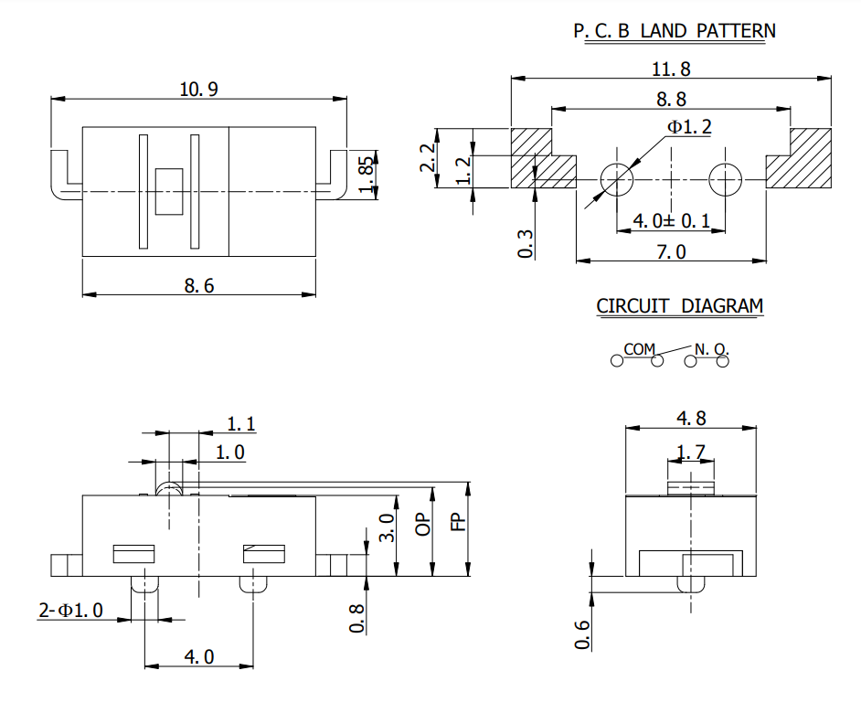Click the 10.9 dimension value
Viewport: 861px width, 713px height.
[x=199, y=89]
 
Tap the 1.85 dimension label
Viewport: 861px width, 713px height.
[x=367, y=173]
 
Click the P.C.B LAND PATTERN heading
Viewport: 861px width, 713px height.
[x=674, y=30]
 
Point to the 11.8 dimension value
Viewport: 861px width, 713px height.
[x=672, y=69]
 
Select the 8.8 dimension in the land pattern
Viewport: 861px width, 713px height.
[x=671, y=99]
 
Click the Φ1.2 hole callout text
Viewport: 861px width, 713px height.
[x=688, y=127]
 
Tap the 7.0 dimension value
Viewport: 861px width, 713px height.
[x=671, y=251]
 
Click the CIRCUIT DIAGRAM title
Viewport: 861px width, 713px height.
[x=679, y=306]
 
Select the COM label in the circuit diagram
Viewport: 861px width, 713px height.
[x=640, y=348]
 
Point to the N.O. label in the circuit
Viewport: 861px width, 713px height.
[x=711, y=348]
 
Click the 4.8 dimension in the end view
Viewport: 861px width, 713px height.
[x=691, y=418]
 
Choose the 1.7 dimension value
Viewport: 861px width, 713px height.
[x=691, y=451]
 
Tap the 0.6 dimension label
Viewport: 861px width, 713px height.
[x=582, y=633]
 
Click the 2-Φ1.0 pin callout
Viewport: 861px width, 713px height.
[x=70, y=611]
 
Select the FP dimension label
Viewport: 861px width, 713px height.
[x=459, y=523]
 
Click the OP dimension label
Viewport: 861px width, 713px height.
[x=422, y=524]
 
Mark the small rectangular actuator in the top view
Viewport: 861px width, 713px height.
[x=169, y=190]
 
